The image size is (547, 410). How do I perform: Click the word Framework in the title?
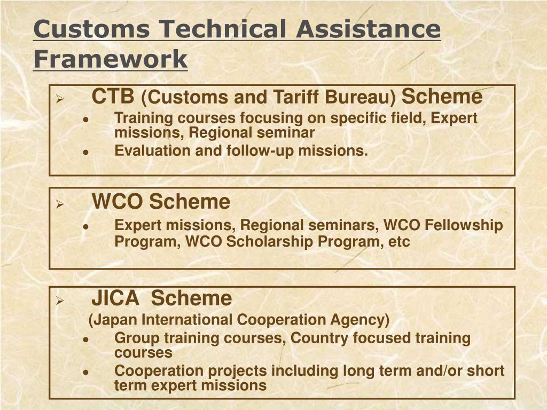pos(110,59)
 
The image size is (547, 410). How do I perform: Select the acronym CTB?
pos(113,97)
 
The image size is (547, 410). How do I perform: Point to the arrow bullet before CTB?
pos(60,99)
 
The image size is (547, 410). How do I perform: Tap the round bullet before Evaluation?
pos(86,152)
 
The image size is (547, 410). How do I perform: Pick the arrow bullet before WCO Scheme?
pos(60,204)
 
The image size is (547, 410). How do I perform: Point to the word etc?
pos(399,242)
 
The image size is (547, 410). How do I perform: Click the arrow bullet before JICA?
pos(60,301)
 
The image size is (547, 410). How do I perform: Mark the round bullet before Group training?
pos(86,339)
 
